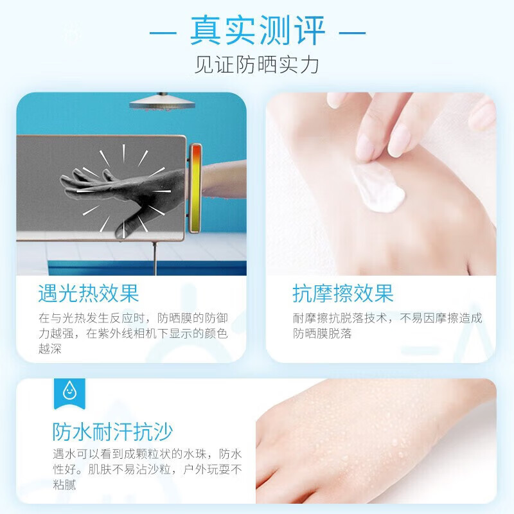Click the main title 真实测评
pos(258,30)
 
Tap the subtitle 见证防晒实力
pos(256,65)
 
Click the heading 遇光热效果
pos(89,293)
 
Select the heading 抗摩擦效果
pos(343,293)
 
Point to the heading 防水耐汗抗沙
pos(112,431)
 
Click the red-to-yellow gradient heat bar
pos(196,188)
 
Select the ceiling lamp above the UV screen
pos(163,101)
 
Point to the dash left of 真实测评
pos(163,33)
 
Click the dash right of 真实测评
pos(352,33)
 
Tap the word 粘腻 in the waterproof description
pos(65,484)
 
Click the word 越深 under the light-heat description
pos(50,348)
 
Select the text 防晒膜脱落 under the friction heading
pos(323,333)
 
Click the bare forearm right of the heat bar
pos(224,180)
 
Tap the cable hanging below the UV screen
pos(155,258)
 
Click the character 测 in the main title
pos(274,30)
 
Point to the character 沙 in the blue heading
pos(163,431)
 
